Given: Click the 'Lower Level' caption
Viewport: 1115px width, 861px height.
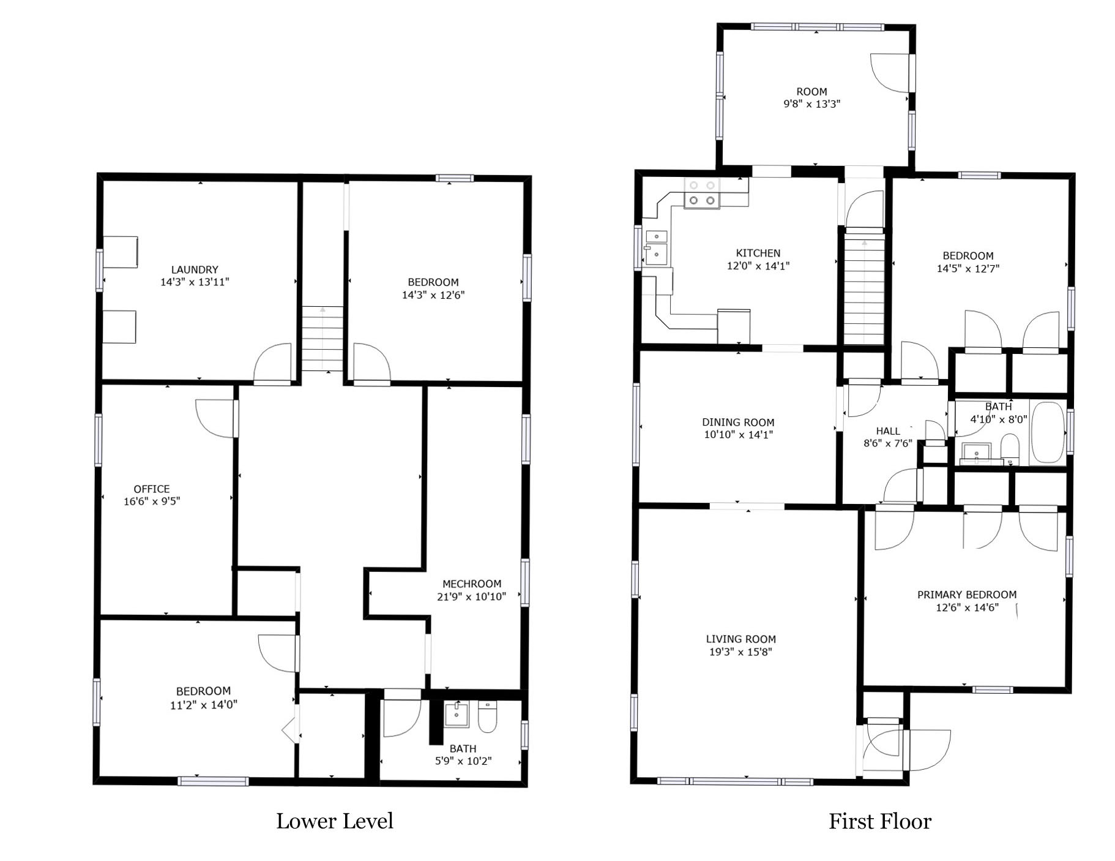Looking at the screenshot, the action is (x=334, y=821).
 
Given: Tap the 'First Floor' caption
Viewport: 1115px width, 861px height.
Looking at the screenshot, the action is (x=879, y=821).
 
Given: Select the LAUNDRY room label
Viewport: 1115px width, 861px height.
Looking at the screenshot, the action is (x=195, y=269).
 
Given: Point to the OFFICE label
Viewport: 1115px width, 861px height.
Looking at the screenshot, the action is (x=152, y=489).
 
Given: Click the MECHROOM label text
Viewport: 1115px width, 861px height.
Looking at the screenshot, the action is (x=472, y=584).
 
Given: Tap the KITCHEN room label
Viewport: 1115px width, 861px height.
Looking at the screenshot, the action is (x=758, y=253).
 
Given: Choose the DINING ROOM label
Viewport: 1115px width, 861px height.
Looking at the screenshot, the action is (x=738, y=422).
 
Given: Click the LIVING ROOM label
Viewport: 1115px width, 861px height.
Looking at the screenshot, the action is (x=740, y=639).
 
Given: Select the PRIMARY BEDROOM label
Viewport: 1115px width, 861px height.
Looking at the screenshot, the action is (x=967, y=595).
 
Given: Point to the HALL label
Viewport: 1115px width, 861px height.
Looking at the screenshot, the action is (x=888, y=431).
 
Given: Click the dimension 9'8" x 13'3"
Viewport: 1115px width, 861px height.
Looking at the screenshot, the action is (x=812, y=104).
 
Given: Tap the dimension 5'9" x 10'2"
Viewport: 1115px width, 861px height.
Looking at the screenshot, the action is (x=463, y=761).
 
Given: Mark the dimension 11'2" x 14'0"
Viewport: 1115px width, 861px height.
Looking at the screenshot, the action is (x=203, y=704).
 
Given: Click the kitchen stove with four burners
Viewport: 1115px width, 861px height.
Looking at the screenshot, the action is (x=702, y=194).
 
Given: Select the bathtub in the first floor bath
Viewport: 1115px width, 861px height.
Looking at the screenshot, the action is (x=1048, y=432).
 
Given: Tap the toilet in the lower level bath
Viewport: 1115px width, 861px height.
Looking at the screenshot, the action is (x=487, y=716).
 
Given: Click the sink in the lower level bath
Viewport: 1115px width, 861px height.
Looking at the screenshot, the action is (x=457, y=715).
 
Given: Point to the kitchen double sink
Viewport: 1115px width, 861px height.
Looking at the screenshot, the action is (x=657, y=247).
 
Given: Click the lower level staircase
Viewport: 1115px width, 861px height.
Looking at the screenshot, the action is (x=323, y=338).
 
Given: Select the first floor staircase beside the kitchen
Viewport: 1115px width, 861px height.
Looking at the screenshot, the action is (x=864, y=286).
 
